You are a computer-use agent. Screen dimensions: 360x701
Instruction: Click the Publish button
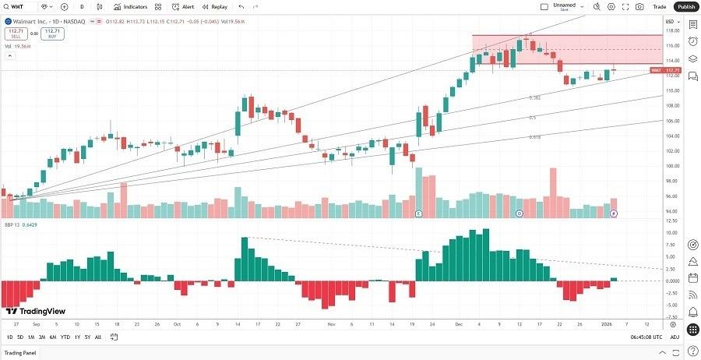coord(686,6)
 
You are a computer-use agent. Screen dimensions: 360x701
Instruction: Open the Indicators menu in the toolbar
coord(130,6)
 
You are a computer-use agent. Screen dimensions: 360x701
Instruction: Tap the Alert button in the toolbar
coord(183,6)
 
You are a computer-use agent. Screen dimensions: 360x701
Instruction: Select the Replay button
coord(215,6)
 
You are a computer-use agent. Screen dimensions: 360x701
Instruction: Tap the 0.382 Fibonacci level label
coord(535,97)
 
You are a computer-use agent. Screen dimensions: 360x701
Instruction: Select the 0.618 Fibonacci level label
coord(535,136)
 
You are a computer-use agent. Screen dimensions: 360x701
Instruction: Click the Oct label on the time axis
coord(177,323)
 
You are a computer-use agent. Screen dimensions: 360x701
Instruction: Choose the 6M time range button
coord(52,337)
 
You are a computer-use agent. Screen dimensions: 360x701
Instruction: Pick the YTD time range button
coord(65,337)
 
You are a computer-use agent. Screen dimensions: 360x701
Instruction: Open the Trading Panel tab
coord(22,352)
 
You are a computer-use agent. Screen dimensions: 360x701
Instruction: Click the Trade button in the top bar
coord(660,6)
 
